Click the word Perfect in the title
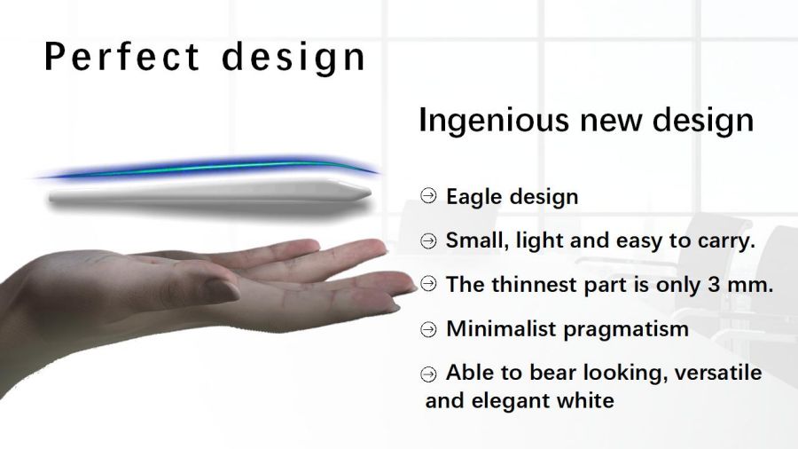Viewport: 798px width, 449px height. (x=121, y=56)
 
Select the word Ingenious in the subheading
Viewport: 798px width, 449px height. (x=493, y=122)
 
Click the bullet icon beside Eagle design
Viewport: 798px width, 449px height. (x=428, y=196)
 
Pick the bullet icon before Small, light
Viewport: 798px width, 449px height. (x=428, y=240)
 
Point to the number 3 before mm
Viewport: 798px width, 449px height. (x=714, y=285)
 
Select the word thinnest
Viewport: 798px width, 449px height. (x=535, y=285)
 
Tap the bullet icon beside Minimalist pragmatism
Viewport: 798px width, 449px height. (x=428, y=329)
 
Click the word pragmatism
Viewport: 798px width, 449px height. (x=626, y=330)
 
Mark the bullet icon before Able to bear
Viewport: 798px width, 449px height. (x=428, y=374)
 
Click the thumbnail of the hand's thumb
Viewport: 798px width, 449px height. (x=222, y=289)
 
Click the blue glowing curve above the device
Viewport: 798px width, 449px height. (x=208, y=167)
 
